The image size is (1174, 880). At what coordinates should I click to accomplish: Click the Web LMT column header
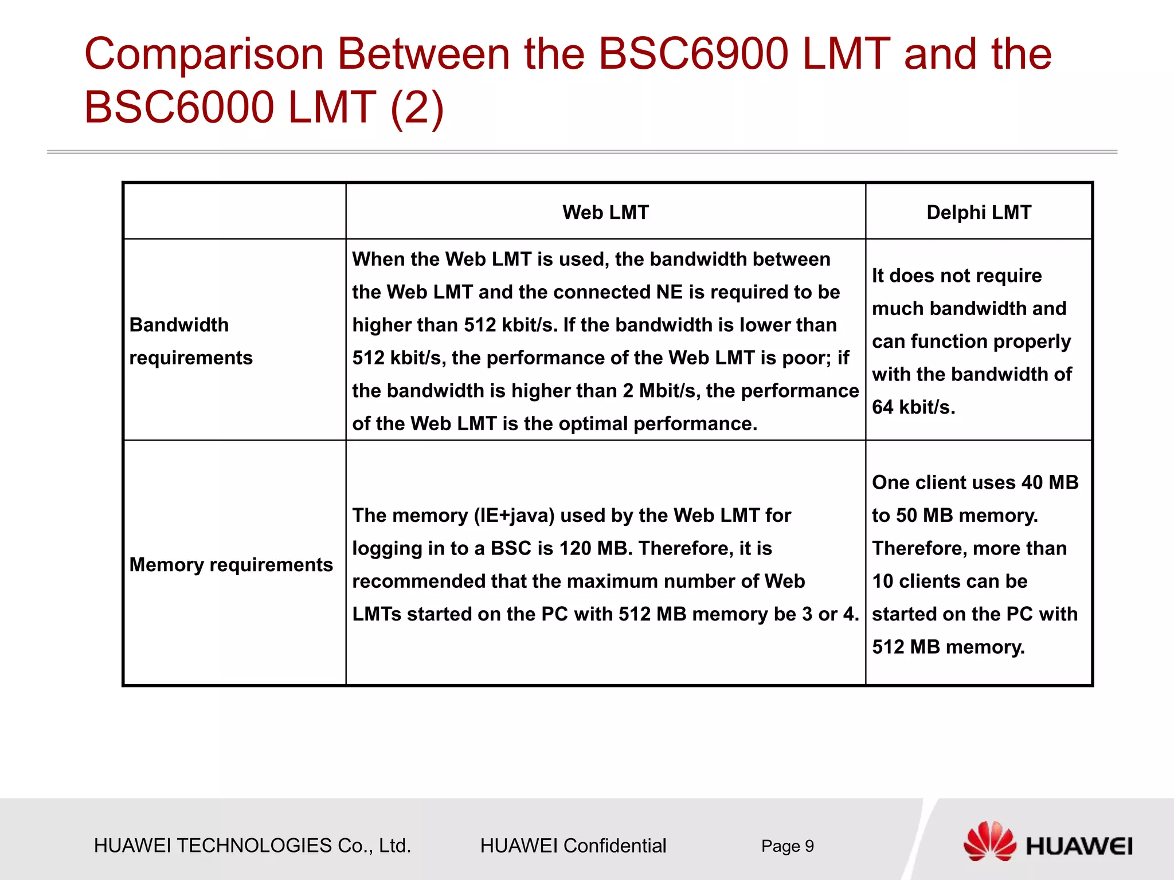click(x=605, y=213)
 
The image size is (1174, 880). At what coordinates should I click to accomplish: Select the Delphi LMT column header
click(x=979, y=213)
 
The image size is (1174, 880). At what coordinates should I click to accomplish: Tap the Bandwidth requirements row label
click(x=191, y=341)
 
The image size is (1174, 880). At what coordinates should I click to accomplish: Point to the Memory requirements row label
click(x=231, y=565)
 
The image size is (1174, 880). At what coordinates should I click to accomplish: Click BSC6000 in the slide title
click(x=179, y=107)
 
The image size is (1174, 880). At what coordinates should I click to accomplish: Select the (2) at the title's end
click(x=417, y=107)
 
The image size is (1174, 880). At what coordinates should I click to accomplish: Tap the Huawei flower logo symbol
click(x=989, y=841)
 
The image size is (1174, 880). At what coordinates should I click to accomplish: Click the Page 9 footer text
click(x=787, y=846)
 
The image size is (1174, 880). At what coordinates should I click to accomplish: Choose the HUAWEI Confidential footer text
click(x=573, y=846)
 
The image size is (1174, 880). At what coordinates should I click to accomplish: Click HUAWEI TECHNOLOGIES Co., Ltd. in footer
click(x=252, y=846)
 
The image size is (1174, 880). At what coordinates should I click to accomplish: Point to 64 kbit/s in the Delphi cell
click(x=914, y=407)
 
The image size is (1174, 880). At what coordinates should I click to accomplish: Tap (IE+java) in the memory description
click(x=514, y=516)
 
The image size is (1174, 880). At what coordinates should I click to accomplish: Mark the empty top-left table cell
click(x=234, y=211)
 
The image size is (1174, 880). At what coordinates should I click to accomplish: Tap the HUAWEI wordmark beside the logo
click(x=1079, y=847)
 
